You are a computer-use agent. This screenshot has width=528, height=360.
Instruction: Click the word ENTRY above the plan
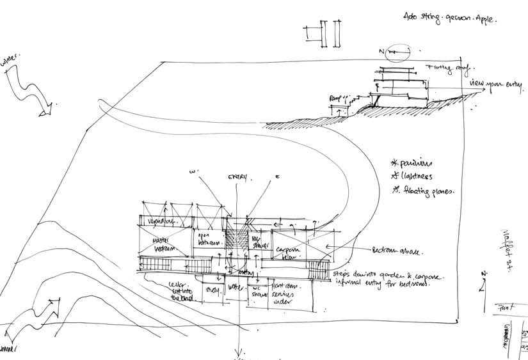click(237, 177)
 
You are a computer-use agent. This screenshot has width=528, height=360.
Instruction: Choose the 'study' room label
click(212, 290)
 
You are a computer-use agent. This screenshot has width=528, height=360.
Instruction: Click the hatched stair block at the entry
click(237, 241)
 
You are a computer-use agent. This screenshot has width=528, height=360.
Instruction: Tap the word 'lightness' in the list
click(415, 176)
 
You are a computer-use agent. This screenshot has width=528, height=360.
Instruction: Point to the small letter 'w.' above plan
click(193, 172)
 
